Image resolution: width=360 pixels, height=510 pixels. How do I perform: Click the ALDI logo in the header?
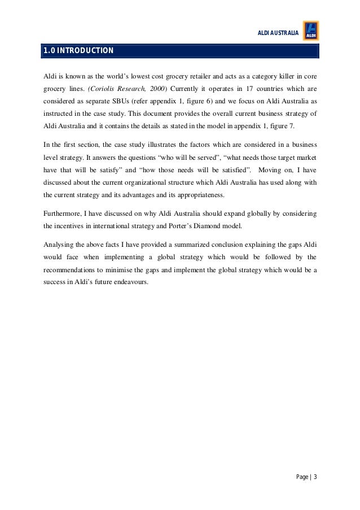(311, 30)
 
